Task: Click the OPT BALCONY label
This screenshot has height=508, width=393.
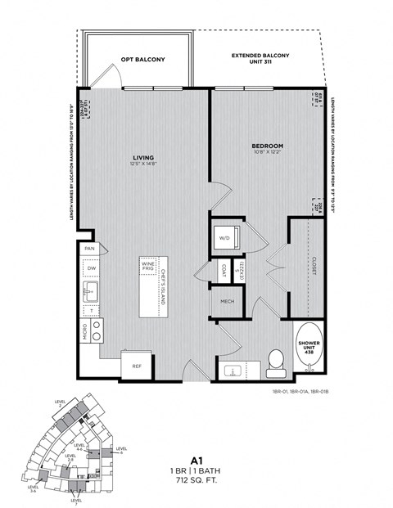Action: [x=144, y=60]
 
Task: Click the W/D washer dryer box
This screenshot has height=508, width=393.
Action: [x=224, y=238]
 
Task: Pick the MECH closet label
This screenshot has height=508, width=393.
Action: [x=224, y=302]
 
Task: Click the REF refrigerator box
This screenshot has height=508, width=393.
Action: [x=137, y=366]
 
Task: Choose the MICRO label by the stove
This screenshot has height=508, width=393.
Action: [x=84, y=331]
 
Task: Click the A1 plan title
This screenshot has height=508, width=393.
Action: [x=196, y=461]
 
